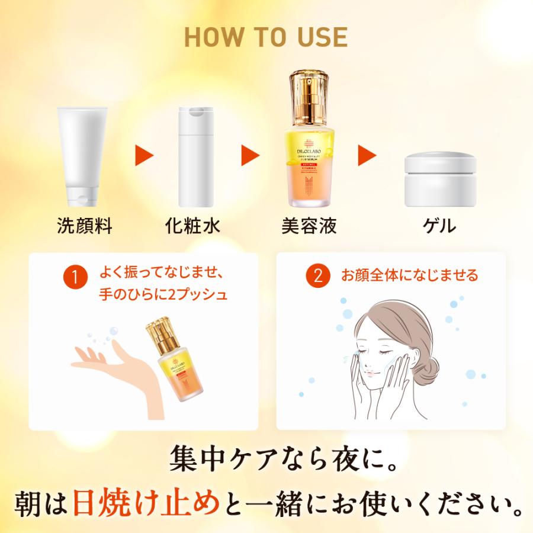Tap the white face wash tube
[x=83, y=155]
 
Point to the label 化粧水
[x=192, y=226]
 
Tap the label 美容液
[x=309, y=226]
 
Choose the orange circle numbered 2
[x=317, y=276]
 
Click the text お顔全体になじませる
[x=409, y=276]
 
